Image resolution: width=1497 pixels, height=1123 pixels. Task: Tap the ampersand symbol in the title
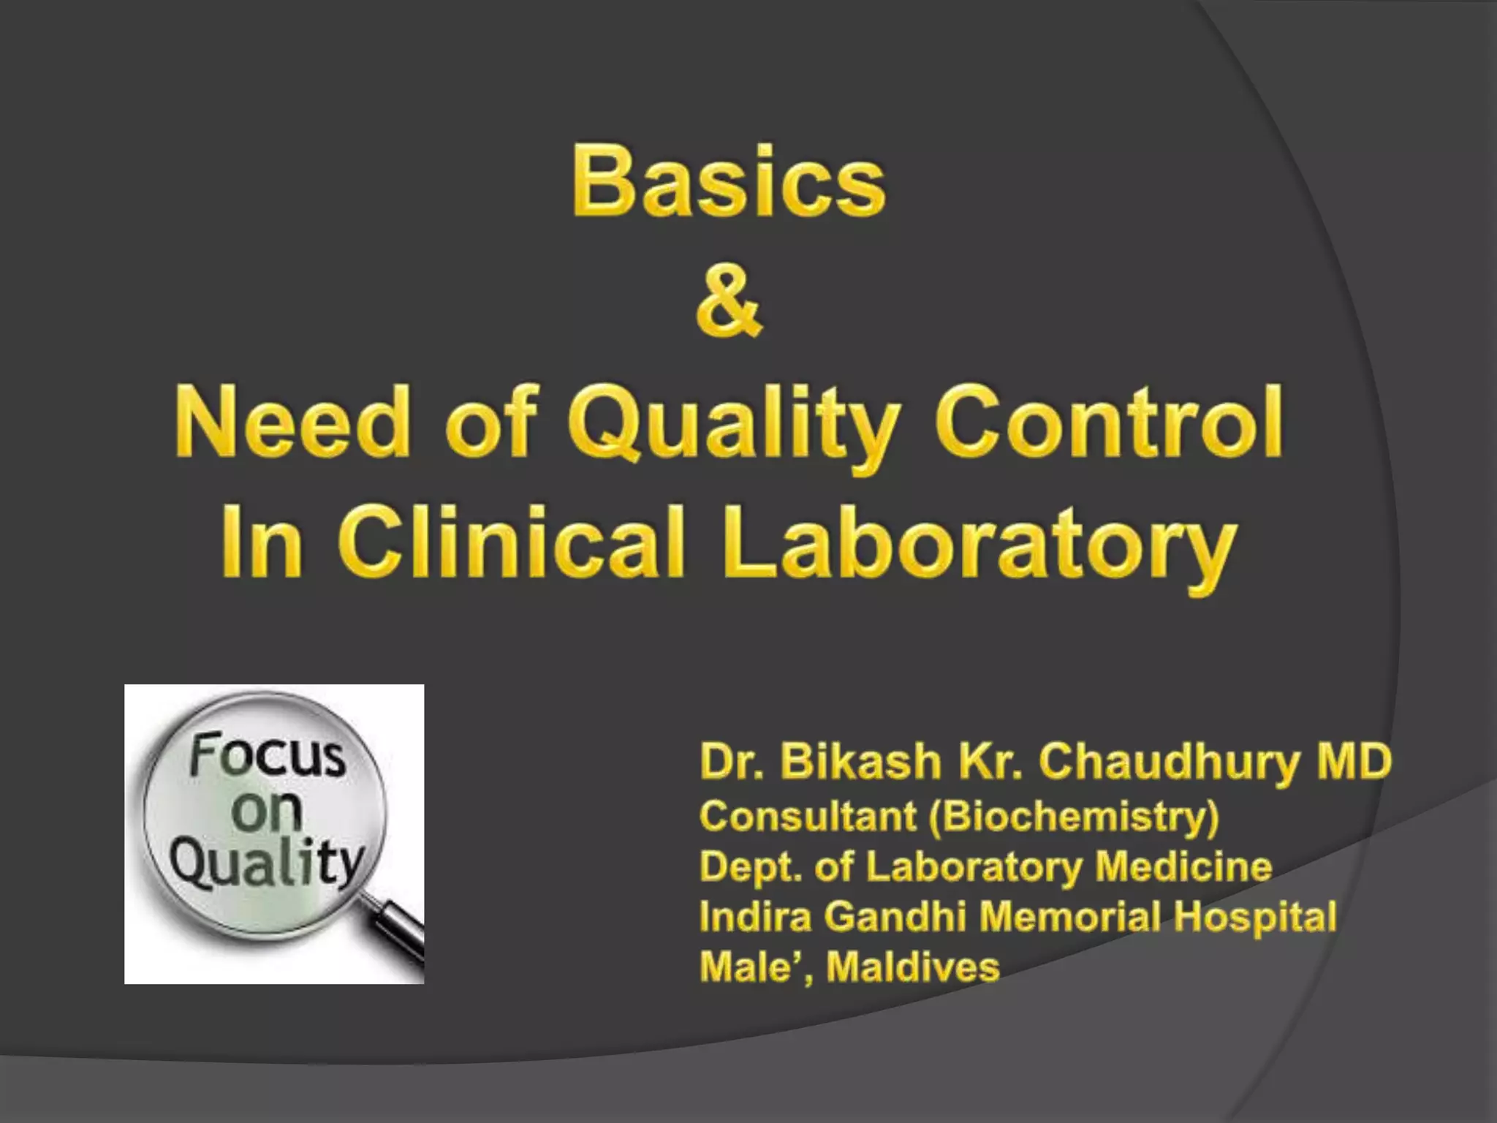click(x=729, y=301)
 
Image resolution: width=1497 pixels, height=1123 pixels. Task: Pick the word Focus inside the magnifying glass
click(x=266, y=756)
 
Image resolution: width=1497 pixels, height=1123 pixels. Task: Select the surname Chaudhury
click(x=1170, y=762)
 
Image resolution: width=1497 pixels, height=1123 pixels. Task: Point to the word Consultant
click(x=808, y=817)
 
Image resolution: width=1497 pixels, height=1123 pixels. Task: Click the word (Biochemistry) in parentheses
click(x=1075, y=817)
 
